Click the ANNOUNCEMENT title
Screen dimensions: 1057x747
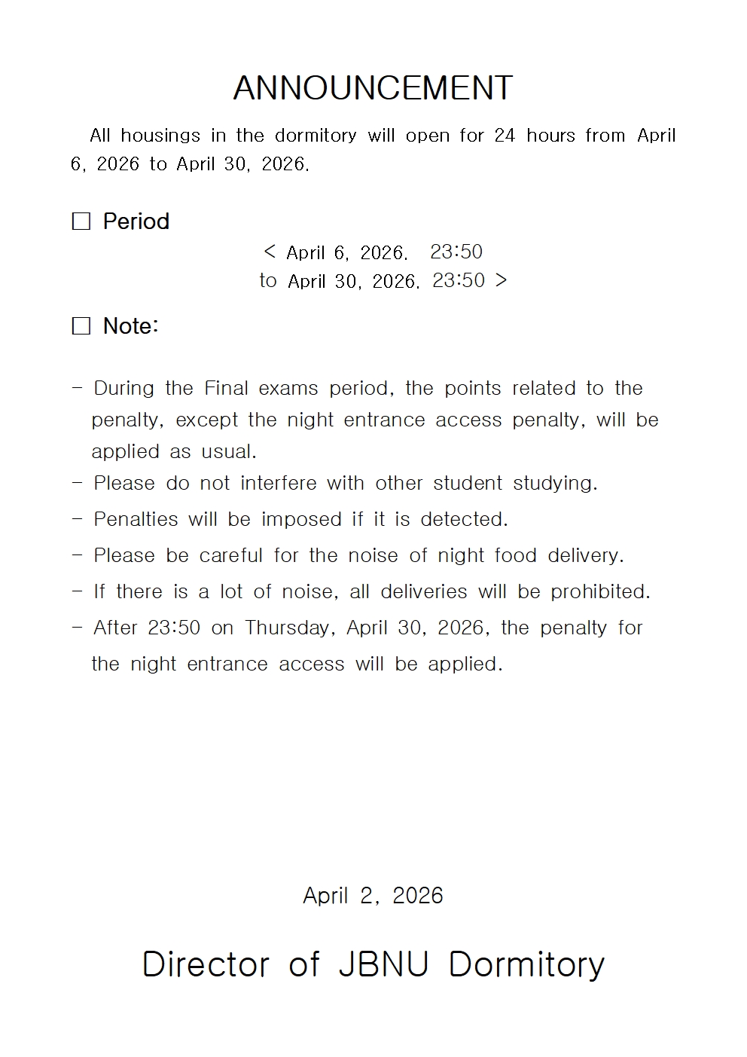[373, 88]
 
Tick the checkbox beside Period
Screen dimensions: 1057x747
[81, 221]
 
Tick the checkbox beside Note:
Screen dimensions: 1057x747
[81, 326]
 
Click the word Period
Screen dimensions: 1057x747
[136, 221]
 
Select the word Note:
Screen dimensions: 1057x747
[130, 326]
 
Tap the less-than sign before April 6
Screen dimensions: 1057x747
[270, 252]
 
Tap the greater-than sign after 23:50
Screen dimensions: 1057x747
[502, 280]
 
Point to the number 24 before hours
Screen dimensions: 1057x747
[505, 136]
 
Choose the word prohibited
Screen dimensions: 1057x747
[600, 592]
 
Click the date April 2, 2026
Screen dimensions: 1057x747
[373, 896]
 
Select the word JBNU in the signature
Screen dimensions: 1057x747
[383, 964]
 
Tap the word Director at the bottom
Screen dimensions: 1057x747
[206, 964]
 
